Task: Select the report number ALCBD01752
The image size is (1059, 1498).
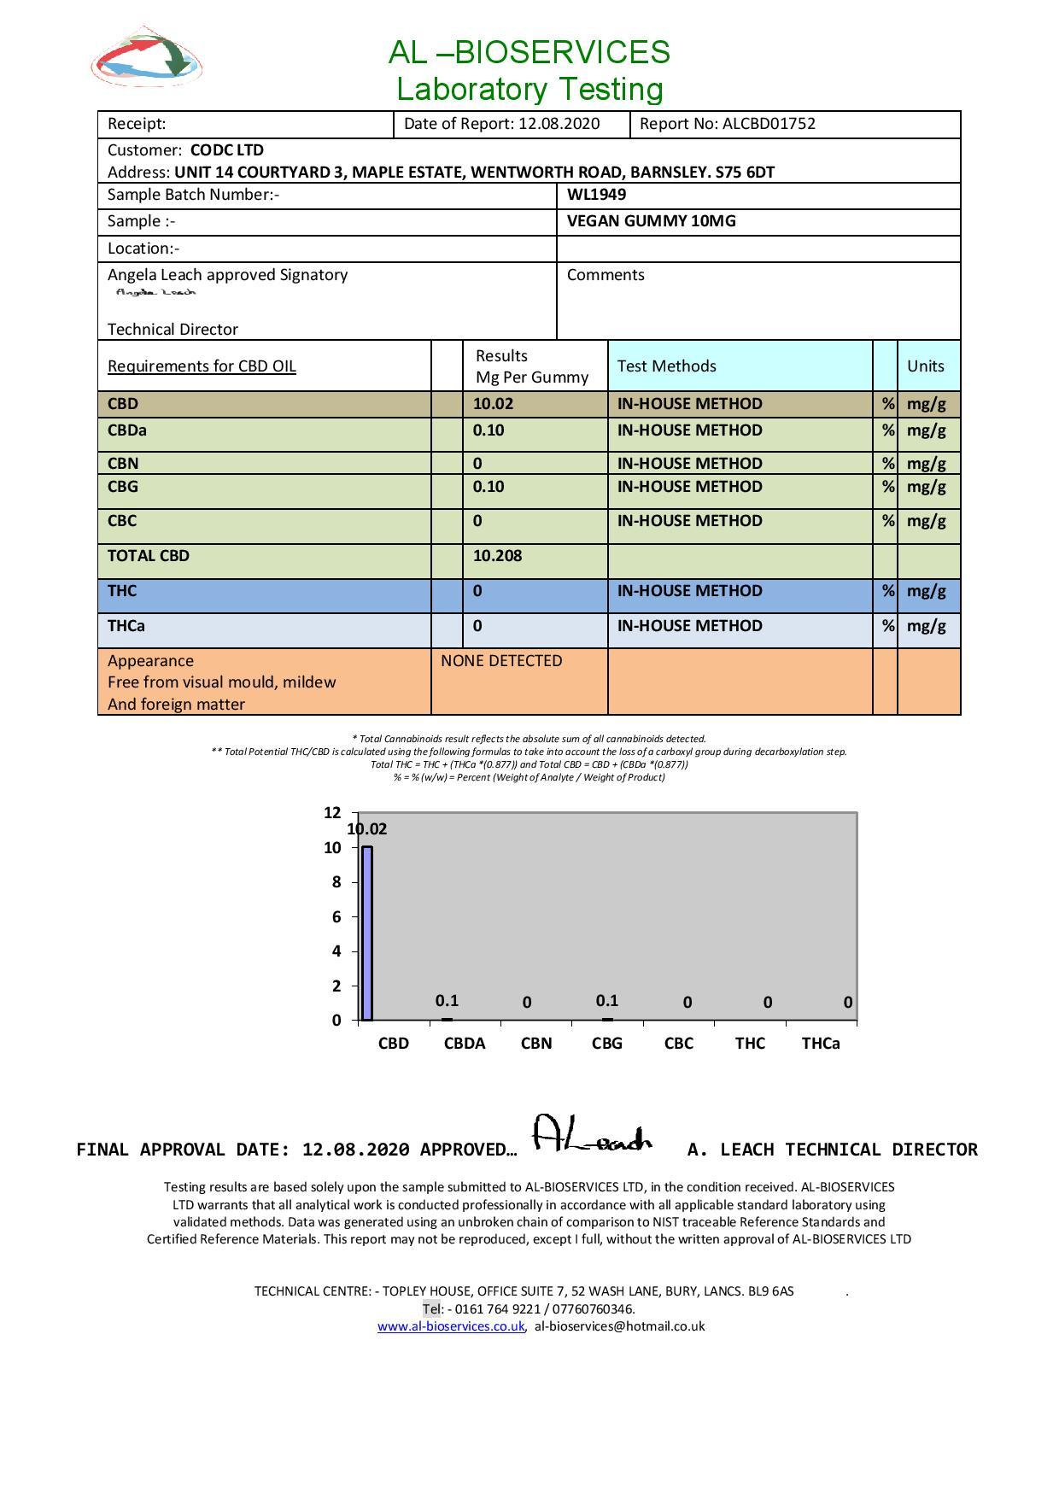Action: (x=769, y=124)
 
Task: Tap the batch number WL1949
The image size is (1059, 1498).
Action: (x=596, y=195)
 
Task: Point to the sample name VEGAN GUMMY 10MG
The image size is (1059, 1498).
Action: (x=651, y=221)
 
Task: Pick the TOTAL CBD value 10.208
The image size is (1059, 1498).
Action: (x=497, y=556)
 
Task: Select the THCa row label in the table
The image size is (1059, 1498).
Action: (x=126, y=626)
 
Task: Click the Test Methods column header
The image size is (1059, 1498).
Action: (x=666, y=366)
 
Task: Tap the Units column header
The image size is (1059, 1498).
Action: (x=926, y=366)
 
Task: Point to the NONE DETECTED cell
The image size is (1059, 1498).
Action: (x=501, y=661)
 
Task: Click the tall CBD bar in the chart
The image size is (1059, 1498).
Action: (x=367, y=933)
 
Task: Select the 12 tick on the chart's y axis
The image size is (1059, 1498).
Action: (x=332, y=813)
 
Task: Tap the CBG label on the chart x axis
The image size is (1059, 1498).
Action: (x=607, y=1044)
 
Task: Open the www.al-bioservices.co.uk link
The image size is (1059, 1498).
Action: (x=451, y=1327)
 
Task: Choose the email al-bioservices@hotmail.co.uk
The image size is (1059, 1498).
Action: (x=619, y=1327)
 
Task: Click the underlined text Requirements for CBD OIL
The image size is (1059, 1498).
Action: (x=202, y=366)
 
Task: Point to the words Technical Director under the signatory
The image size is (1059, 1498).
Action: (x=173, y=330)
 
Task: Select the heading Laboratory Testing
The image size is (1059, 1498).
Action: (x=529, y=89)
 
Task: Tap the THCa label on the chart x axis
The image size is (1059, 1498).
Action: (x=820, y=1044)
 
